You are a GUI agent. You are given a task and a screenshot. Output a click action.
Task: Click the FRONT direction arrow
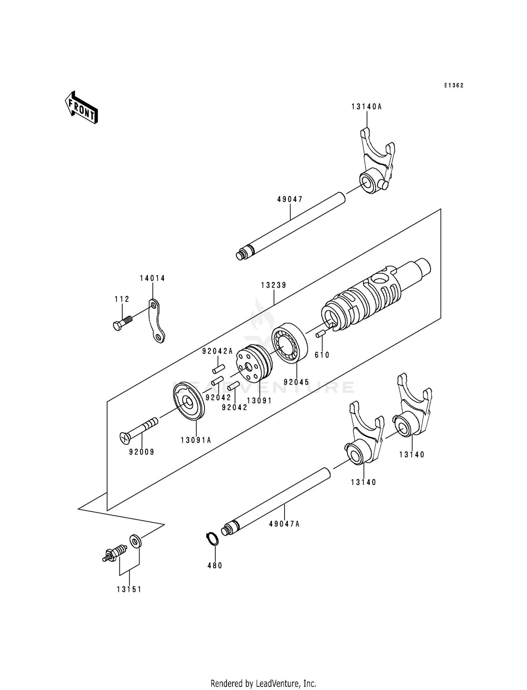tap(81, 107)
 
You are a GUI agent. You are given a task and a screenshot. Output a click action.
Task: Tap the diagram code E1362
tap(454, 85)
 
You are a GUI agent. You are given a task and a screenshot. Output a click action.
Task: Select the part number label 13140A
tap(366, 107)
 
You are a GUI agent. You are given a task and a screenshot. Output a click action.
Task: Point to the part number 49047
tap(290, 199)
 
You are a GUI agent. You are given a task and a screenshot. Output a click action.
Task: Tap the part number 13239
tap(274, 285)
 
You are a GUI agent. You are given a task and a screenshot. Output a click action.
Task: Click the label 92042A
tap(217, 351)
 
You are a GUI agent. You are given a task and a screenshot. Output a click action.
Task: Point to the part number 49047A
tap(284, 524)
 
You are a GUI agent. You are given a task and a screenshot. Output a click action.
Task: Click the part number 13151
tap(129, 589)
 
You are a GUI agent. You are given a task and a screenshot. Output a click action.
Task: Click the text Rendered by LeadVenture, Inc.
tap(263, 683)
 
